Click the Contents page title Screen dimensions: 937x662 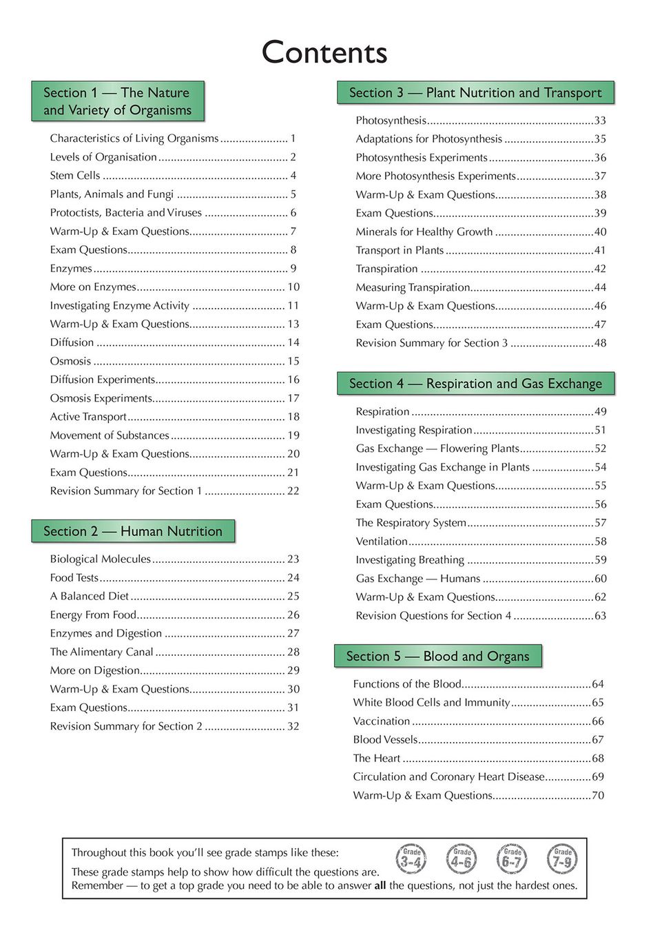pyautogui.click(x=324, y=52)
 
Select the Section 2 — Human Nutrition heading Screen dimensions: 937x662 pyautogui.click(x=133, y=531)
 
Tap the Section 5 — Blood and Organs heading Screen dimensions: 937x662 pyautogui.click(x=437, y=656)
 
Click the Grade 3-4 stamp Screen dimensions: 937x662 pyautogui.click(x=411, y=859)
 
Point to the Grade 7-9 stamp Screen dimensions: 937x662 pyautogui.click(x=562, y=859)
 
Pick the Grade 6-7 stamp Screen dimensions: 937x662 pyautogui.click(x=512, y=859)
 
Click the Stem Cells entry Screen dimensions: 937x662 pyautogui.click(x=75, y=176)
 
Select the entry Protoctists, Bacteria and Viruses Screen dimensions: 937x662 pyautogui.click(x=126, y=213)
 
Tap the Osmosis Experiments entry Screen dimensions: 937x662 pyautogui.click(x=101, y=398)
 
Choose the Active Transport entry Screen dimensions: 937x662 pyautogui.click(x=88, y=417)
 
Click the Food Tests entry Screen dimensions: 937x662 pyautogui.click(x=74, y=578)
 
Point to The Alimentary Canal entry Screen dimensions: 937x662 pyautogui.click(x=101, y=652)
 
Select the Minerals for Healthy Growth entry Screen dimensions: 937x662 pyautogui.click(x=424, y=232)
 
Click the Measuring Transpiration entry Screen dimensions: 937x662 pyautogui.click(x=413, y=287)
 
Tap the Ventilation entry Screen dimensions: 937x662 pyautogui.click(x=382, y=542)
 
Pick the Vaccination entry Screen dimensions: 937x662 pyautogui.click(x=382, y=721)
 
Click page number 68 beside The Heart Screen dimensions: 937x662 pyautogui.click(x=598, y=759)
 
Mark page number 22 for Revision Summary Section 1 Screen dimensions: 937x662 pyautogui.click(x=293, y=491)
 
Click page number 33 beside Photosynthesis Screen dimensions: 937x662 pyautogui.click(x=600, y=121)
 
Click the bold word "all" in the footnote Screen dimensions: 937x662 pyautogui.click(x=380, y=886)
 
